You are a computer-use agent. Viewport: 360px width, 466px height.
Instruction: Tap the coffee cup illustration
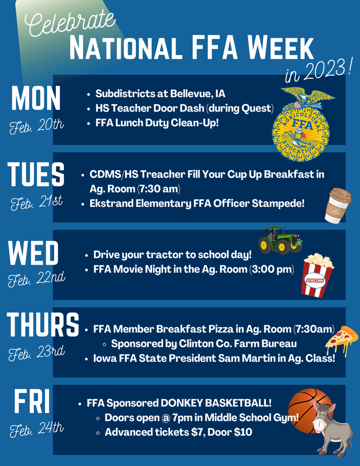(x=337, y=205)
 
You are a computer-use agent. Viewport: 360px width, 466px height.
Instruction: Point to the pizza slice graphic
(x=340, y=340)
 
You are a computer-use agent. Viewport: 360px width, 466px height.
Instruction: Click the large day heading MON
(x=36, y=98)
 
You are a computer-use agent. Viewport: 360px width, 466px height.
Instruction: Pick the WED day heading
(x=34, y=254)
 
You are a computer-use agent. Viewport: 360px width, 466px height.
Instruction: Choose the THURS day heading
(x=43, y=325)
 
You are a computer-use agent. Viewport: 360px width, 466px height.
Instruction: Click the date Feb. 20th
(x=36, y=126)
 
